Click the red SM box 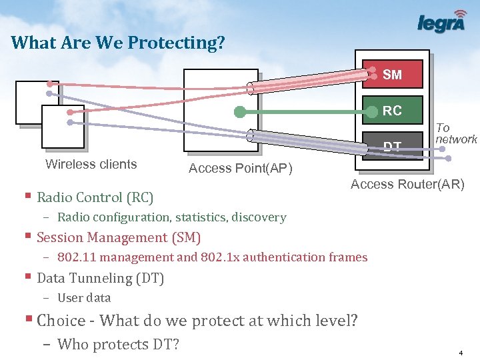tap(392, 75)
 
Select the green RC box tap(392, 111)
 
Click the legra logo tap(442, 23)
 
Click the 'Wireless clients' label tap(91, 165)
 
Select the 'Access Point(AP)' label tap(241, 169)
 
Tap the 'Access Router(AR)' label tap(407, 185)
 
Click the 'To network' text tap(456, 133)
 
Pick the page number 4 tap(461, 352)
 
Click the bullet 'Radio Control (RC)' tap(95, 197)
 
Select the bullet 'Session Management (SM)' tap(118, 237)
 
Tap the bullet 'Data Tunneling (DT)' tap(100, 278)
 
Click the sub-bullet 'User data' tap(84, 298)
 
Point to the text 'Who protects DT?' tap(118, 344)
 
